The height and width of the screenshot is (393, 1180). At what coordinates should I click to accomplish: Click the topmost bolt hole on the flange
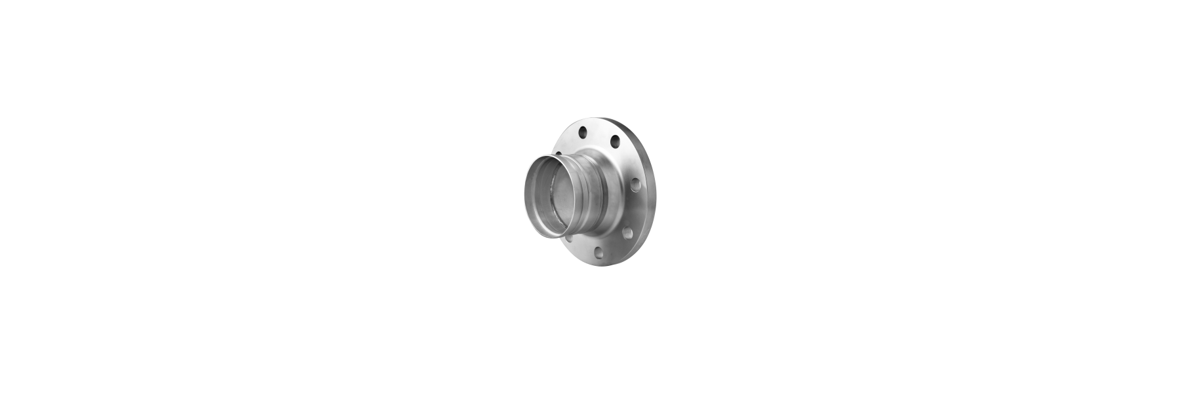point(581,133)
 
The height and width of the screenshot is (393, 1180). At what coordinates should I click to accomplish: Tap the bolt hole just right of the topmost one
point(615,141)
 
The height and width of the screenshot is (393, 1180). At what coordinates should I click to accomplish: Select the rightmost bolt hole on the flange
point(635,188)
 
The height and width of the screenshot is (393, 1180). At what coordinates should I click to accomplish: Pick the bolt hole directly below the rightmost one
point(627,231)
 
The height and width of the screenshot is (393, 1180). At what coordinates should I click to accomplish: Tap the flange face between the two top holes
point(598,134)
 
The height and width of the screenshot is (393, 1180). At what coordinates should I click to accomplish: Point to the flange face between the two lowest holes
point(612,245)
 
